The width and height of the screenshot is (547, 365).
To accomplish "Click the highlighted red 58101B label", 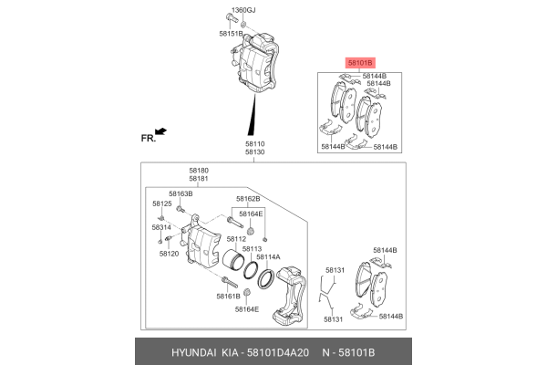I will pos(359,63).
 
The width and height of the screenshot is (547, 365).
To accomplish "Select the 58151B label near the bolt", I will pos(231,33).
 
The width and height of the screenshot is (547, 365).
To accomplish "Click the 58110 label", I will pos(254,143).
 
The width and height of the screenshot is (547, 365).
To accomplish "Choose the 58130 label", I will pos(254,152).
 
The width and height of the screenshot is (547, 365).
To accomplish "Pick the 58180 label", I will pos(199,170).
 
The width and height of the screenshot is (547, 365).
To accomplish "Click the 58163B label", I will pos(179,194).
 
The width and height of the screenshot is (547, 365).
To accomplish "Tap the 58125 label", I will pos(161,203).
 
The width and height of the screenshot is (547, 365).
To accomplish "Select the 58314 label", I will pos(161,227).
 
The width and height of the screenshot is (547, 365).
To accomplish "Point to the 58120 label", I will pos(169,253).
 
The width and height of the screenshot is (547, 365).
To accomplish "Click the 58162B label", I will pos(248,198).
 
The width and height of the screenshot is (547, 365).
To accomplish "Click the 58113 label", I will pos(253,248).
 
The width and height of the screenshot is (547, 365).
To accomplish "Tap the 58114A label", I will pos(267,257).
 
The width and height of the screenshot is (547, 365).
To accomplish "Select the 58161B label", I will pos(229,296).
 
